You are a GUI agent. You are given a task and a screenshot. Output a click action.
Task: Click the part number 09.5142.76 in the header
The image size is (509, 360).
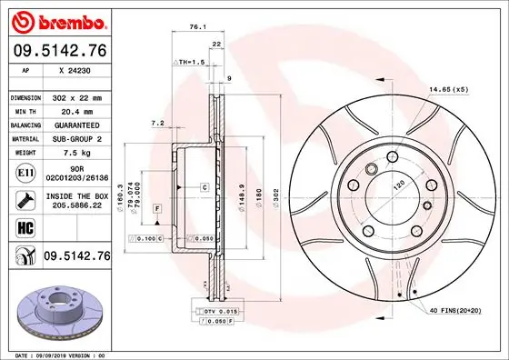58,52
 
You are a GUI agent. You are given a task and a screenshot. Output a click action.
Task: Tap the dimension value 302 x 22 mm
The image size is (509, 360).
76,97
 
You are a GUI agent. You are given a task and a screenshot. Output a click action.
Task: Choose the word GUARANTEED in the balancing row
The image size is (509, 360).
76,125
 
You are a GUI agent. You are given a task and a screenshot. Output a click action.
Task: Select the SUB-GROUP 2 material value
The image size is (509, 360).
76,139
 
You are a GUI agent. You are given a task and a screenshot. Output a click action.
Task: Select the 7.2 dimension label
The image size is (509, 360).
156,123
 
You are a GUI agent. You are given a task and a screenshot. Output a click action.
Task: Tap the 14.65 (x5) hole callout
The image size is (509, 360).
449,88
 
